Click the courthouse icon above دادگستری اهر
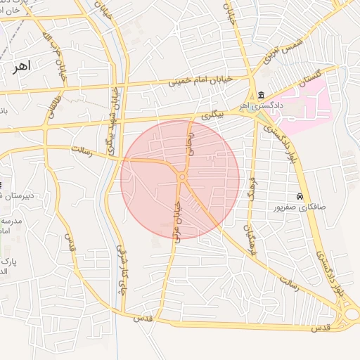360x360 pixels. [261, 95]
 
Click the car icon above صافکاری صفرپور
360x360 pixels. [300, 196]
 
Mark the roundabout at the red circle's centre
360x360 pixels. [181, 178]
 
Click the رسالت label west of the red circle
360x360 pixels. [83, 149]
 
